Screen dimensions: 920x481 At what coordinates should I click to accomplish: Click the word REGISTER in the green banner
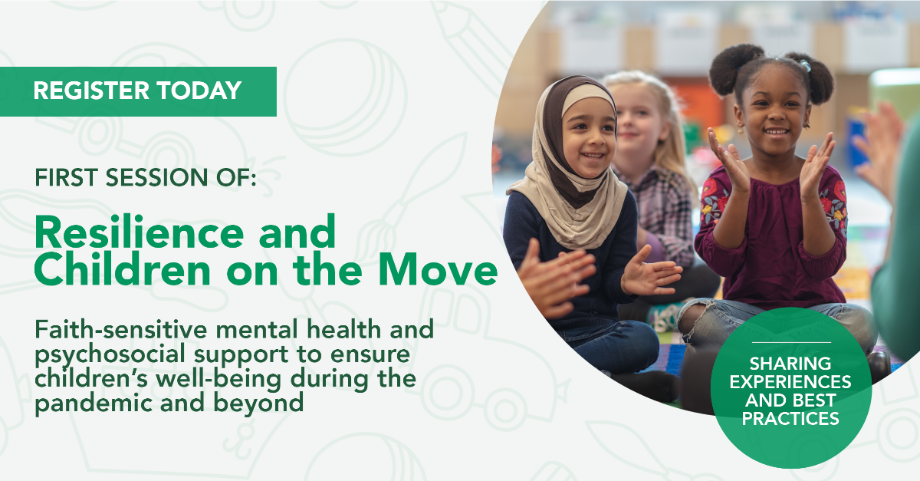click(x=91, y=91)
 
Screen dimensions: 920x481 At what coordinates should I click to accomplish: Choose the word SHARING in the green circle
click(x=790, y=364)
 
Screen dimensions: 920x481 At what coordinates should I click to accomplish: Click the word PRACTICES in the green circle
click(x=790, y=419)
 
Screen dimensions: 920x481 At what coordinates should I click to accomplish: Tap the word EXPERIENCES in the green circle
click(x=790, y=382)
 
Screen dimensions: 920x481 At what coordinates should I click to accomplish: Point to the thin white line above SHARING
click(x=791, y=342)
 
